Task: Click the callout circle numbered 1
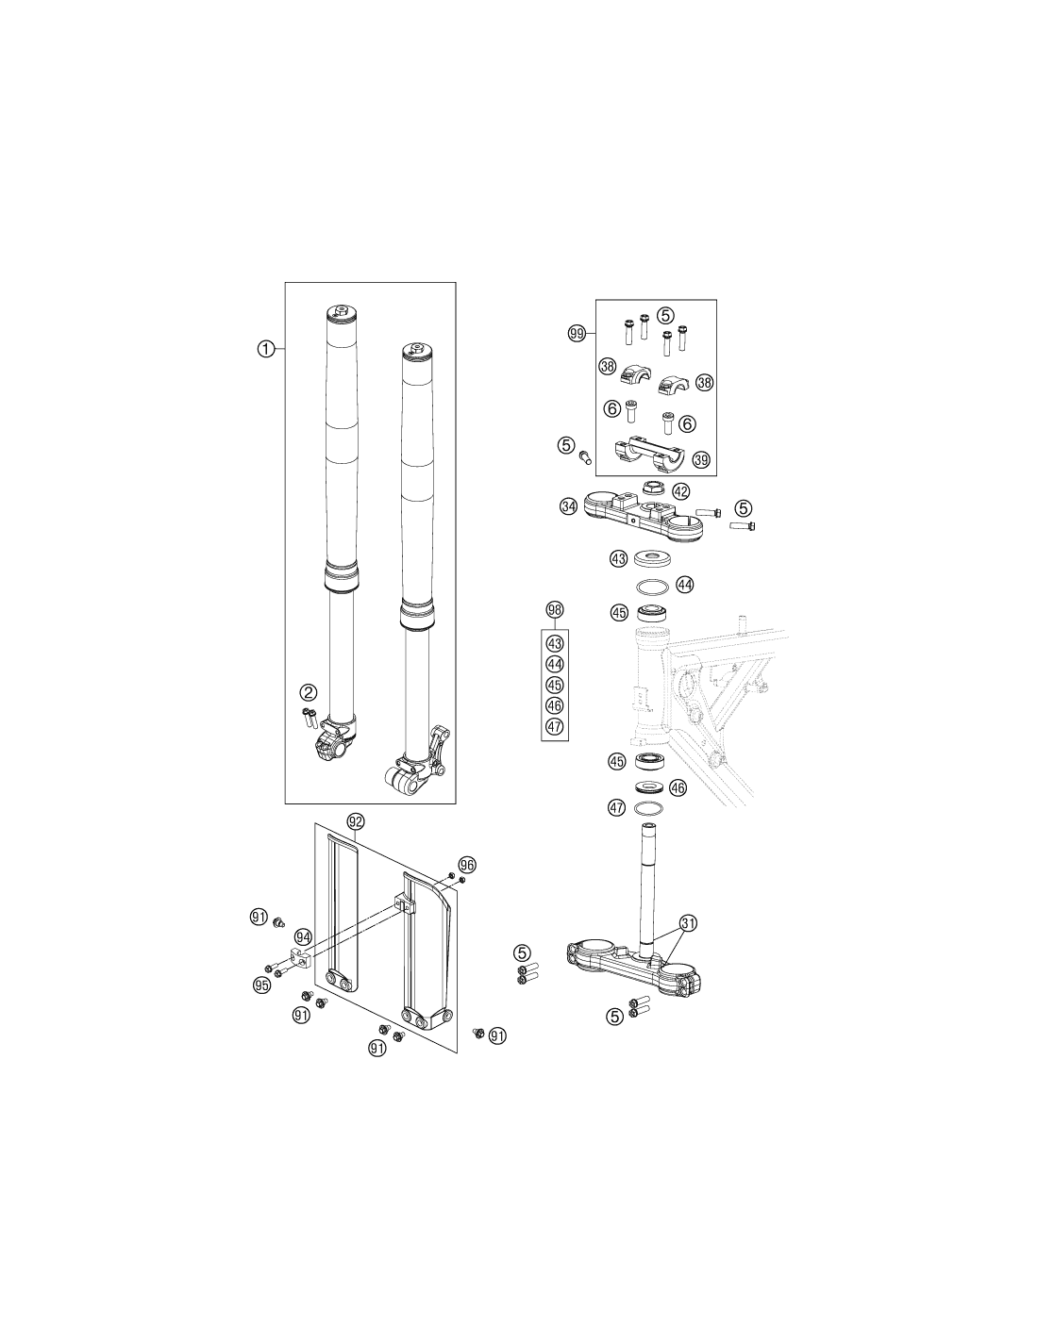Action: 265,349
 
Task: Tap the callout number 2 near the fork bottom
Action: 309,692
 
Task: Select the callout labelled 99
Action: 577,334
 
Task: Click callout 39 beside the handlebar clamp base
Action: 701,459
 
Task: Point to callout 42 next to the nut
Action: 680,491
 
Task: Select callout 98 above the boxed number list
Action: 555,610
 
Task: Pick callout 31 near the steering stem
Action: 688,923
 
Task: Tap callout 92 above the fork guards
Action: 356,821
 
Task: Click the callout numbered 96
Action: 467,865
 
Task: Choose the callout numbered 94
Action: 303,936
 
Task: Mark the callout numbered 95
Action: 261,985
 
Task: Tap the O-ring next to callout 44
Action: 651,585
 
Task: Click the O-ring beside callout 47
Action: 650,807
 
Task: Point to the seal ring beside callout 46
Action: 650,786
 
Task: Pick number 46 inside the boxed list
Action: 555,705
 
